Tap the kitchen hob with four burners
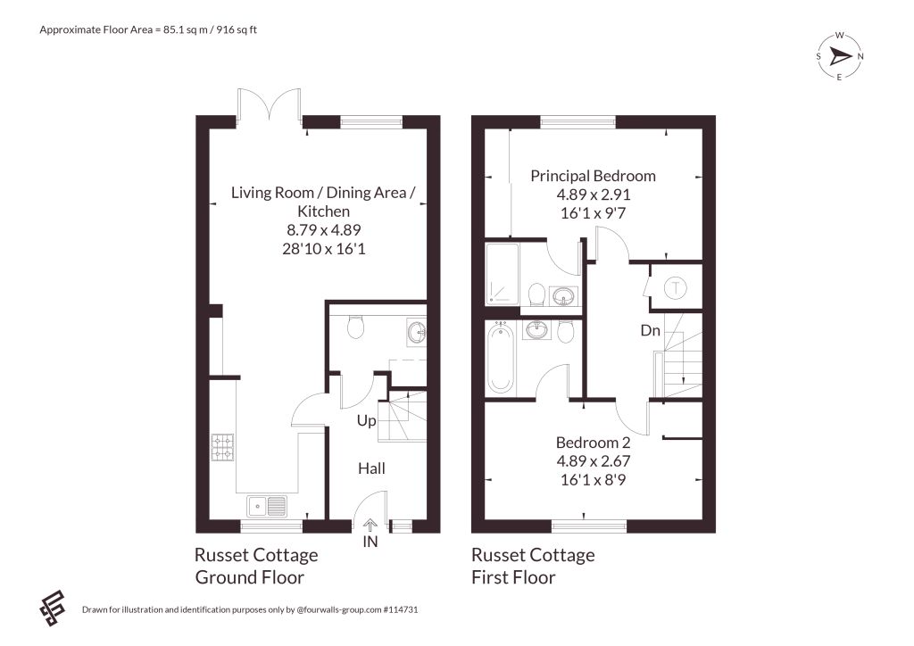click(222, 447)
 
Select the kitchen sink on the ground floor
click(266, 506)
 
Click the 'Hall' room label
click(371, 468)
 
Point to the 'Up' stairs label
click(366, 420)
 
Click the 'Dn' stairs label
click(650, 330)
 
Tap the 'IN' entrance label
click(370, 542)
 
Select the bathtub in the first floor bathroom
click(500, 358)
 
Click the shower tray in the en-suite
click(502, 273)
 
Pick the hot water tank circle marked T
click(676, 287)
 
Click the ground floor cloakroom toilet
click(355, 326)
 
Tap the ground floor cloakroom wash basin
click(416, 332)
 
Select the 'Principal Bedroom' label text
click(593, 176)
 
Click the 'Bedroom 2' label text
click(593, 443)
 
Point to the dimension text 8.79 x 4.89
click(323, 229)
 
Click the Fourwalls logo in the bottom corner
click(53, 609)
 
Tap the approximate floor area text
click(148, 29)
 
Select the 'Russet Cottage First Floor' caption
click(533, 566)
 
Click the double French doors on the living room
click(270, 106)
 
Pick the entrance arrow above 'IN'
click(370, 526)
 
